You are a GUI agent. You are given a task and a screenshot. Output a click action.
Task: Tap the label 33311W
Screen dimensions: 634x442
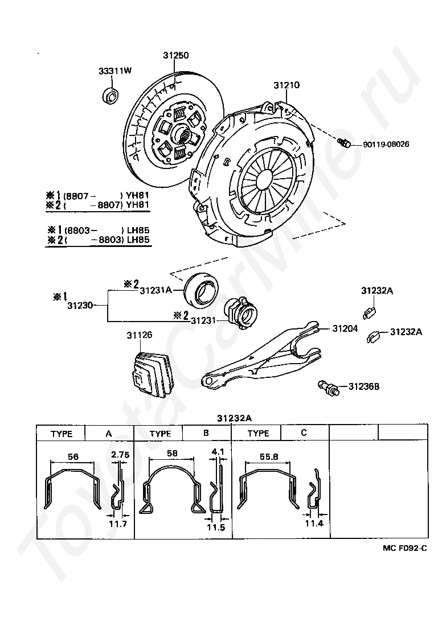point(114,71)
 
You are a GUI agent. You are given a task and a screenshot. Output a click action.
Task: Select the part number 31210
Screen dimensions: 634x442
point(286,85)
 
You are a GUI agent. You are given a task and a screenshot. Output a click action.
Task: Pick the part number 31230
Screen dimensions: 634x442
point(80,306)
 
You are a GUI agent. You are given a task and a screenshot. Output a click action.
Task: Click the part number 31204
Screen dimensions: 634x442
point(346,328)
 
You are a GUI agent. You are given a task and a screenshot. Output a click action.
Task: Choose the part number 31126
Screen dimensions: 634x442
point(139,335)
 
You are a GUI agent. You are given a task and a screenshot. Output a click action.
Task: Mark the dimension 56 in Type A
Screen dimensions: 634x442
point(72,456)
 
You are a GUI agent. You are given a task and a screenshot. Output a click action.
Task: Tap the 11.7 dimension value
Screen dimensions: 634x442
point(118,523)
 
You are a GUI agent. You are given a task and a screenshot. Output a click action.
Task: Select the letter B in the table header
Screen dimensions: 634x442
point(206,433)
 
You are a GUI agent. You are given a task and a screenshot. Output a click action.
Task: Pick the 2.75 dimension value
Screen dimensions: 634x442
point(121,454)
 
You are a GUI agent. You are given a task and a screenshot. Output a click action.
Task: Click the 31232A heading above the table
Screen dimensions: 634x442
point(234,418)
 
